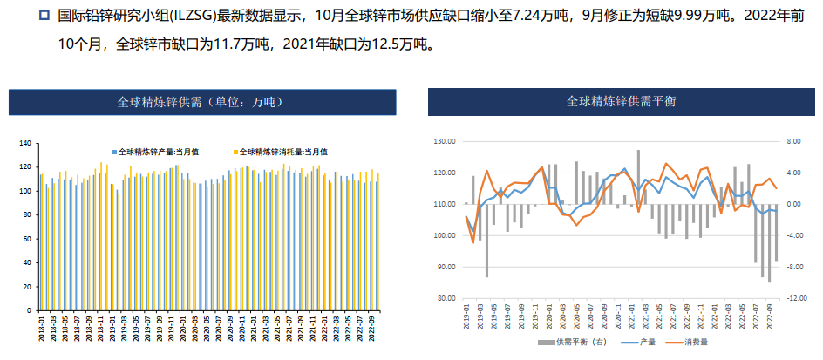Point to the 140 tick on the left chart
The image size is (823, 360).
(x=24, y=143)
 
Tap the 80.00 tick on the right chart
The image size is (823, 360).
(x=446, y=298)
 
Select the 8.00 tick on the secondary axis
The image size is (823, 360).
(x=794, y=141)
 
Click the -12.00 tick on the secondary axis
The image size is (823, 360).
(x=797, y=298)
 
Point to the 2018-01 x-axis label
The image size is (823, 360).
(x=41, y=330)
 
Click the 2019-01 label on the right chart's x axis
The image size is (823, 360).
(x=466, y=315)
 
